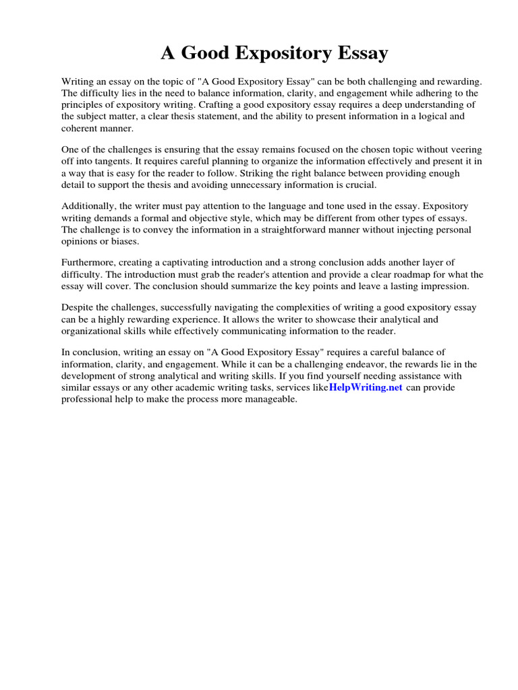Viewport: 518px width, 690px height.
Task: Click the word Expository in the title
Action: (273, 53)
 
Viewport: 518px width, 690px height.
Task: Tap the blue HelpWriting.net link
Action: (365, 387)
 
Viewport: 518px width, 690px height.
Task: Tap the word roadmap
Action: (380, 274)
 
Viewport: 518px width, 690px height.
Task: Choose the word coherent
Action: (82, 127)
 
